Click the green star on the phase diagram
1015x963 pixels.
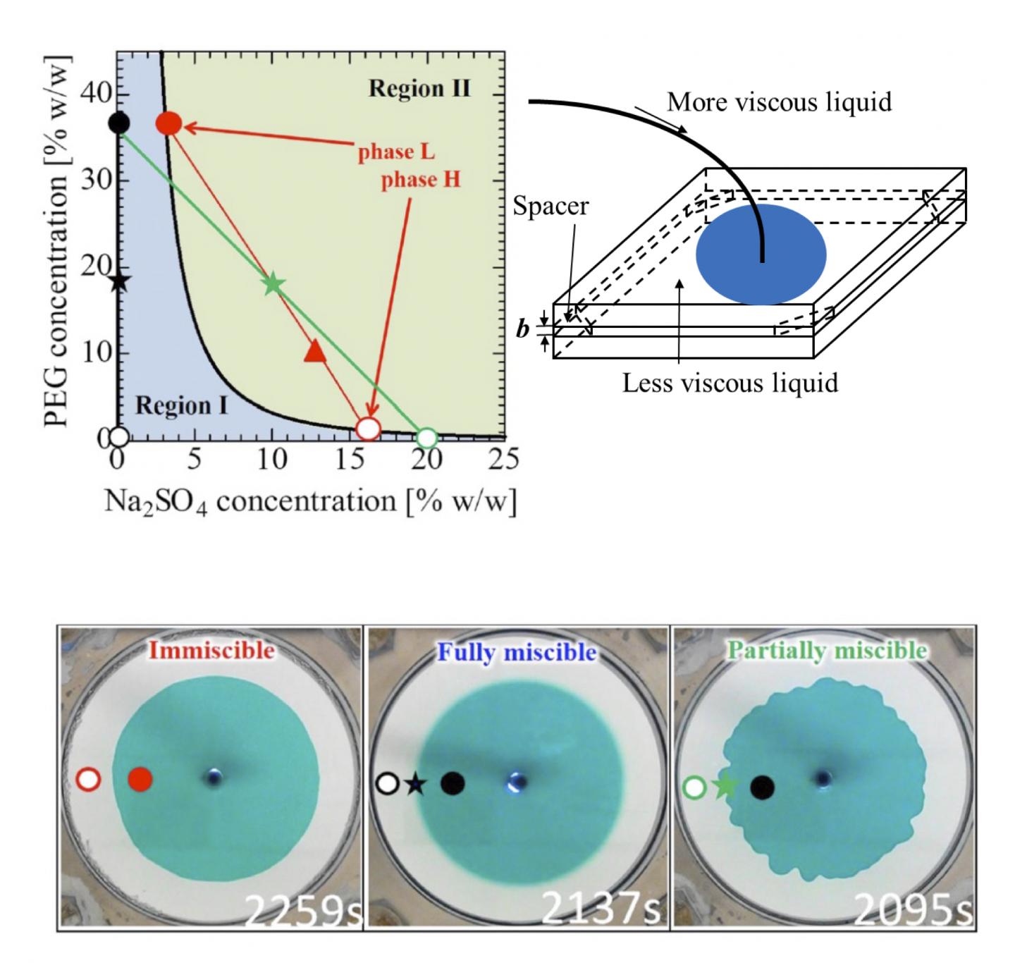(273, 284)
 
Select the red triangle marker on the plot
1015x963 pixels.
(315, 351)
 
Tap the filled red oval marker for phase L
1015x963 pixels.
(169, 124)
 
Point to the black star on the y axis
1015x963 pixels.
(119, 281)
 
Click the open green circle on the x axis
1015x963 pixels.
(426, 438)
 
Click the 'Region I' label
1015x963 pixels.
(181, 406)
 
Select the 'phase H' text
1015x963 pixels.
(420, 180)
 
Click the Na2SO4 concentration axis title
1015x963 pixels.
(310, 501)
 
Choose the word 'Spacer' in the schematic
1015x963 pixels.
(550, 207)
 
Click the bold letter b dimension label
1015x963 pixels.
(522, 329)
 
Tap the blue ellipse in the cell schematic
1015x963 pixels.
(761, 254)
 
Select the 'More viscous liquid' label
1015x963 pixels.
(779, 103)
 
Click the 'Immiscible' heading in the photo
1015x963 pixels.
(211, 649)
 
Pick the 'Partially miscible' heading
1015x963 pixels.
(827, 650)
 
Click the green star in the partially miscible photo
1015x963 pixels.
(725, 786)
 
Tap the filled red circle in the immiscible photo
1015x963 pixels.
(140, 779)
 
